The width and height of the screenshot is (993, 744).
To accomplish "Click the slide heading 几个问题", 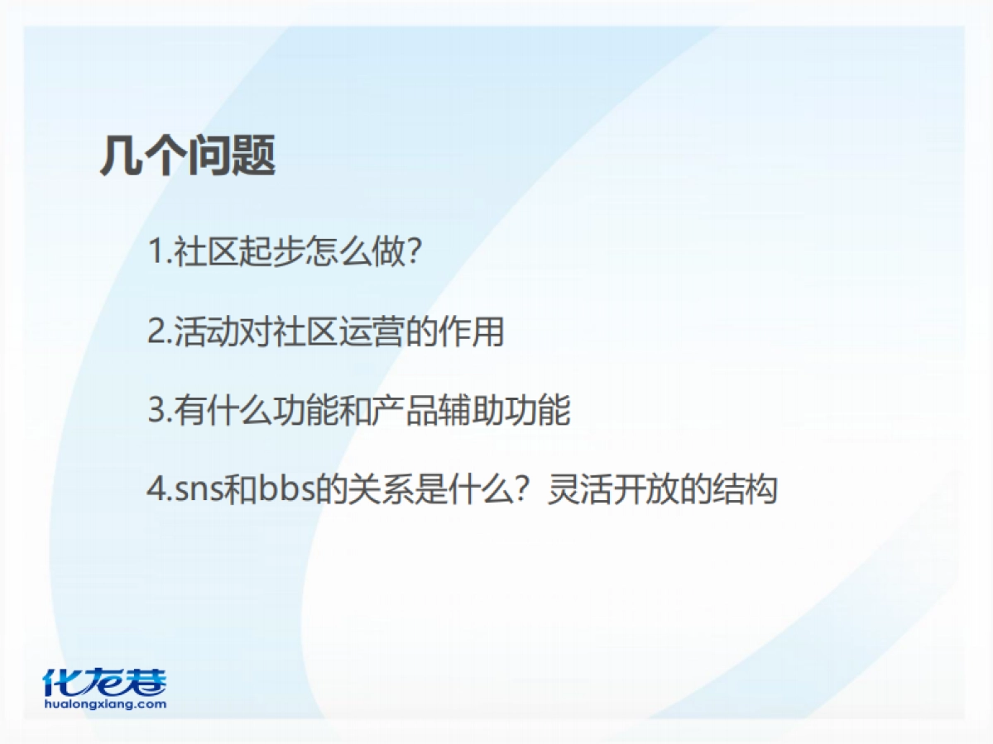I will pos(188,155).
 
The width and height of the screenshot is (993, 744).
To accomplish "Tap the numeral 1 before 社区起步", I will pos(156,252).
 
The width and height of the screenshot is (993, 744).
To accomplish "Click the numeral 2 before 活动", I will pos(156,332).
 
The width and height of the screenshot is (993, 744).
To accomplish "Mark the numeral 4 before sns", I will pos(157,490).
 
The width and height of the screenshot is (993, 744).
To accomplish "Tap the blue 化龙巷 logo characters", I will pos(104,681).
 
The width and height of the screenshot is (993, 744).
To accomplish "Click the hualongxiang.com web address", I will pos(104,705).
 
